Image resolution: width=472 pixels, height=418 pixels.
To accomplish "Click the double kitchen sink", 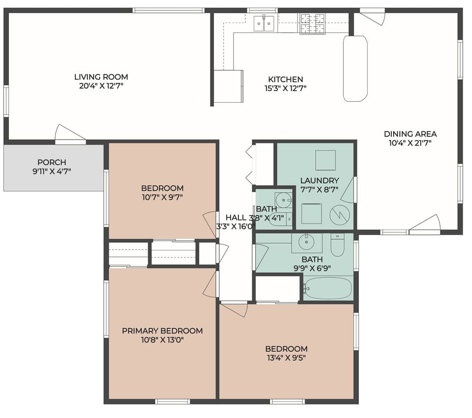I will click(264, 23).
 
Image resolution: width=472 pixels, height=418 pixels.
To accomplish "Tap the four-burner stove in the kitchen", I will click(312, 24).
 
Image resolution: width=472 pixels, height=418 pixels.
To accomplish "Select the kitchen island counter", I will click(355, 68).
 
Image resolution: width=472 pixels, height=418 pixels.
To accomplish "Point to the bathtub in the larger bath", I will click(327, 288).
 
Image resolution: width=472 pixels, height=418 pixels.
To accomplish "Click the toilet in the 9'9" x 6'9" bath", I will click(337, 245).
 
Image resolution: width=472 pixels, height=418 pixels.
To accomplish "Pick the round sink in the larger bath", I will click(307, 242).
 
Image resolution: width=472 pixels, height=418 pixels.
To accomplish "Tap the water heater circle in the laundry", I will click(339, 214).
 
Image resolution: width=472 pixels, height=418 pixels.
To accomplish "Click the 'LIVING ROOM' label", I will click(101, 77).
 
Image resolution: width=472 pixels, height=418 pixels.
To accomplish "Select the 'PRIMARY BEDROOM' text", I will click(162, 331).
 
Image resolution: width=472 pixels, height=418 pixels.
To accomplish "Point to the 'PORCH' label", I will click(52, 162).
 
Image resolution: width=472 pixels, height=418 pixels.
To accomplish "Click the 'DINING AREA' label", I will click(410, 134).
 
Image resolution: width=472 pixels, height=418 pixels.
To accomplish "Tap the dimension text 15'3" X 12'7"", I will click(285, 88).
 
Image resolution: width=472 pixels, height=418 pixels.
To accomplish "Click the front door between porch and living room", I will click(70, 136).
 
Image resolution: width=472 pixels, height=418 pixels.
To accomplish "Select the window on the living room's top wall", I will click(168, 10).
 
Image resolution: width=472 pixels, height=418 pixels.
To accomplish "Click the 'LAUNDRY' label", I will click(320, 180).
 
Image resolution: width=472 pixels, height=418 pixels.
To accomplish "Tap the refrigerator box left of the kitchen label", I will click(229, 86).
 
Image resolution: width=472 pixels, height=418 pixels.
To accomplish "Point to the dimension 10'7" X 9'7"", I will click(162, 197).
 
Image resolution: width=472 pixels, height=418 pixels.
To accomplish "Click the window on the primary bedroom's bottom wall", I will click(173, 401).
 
